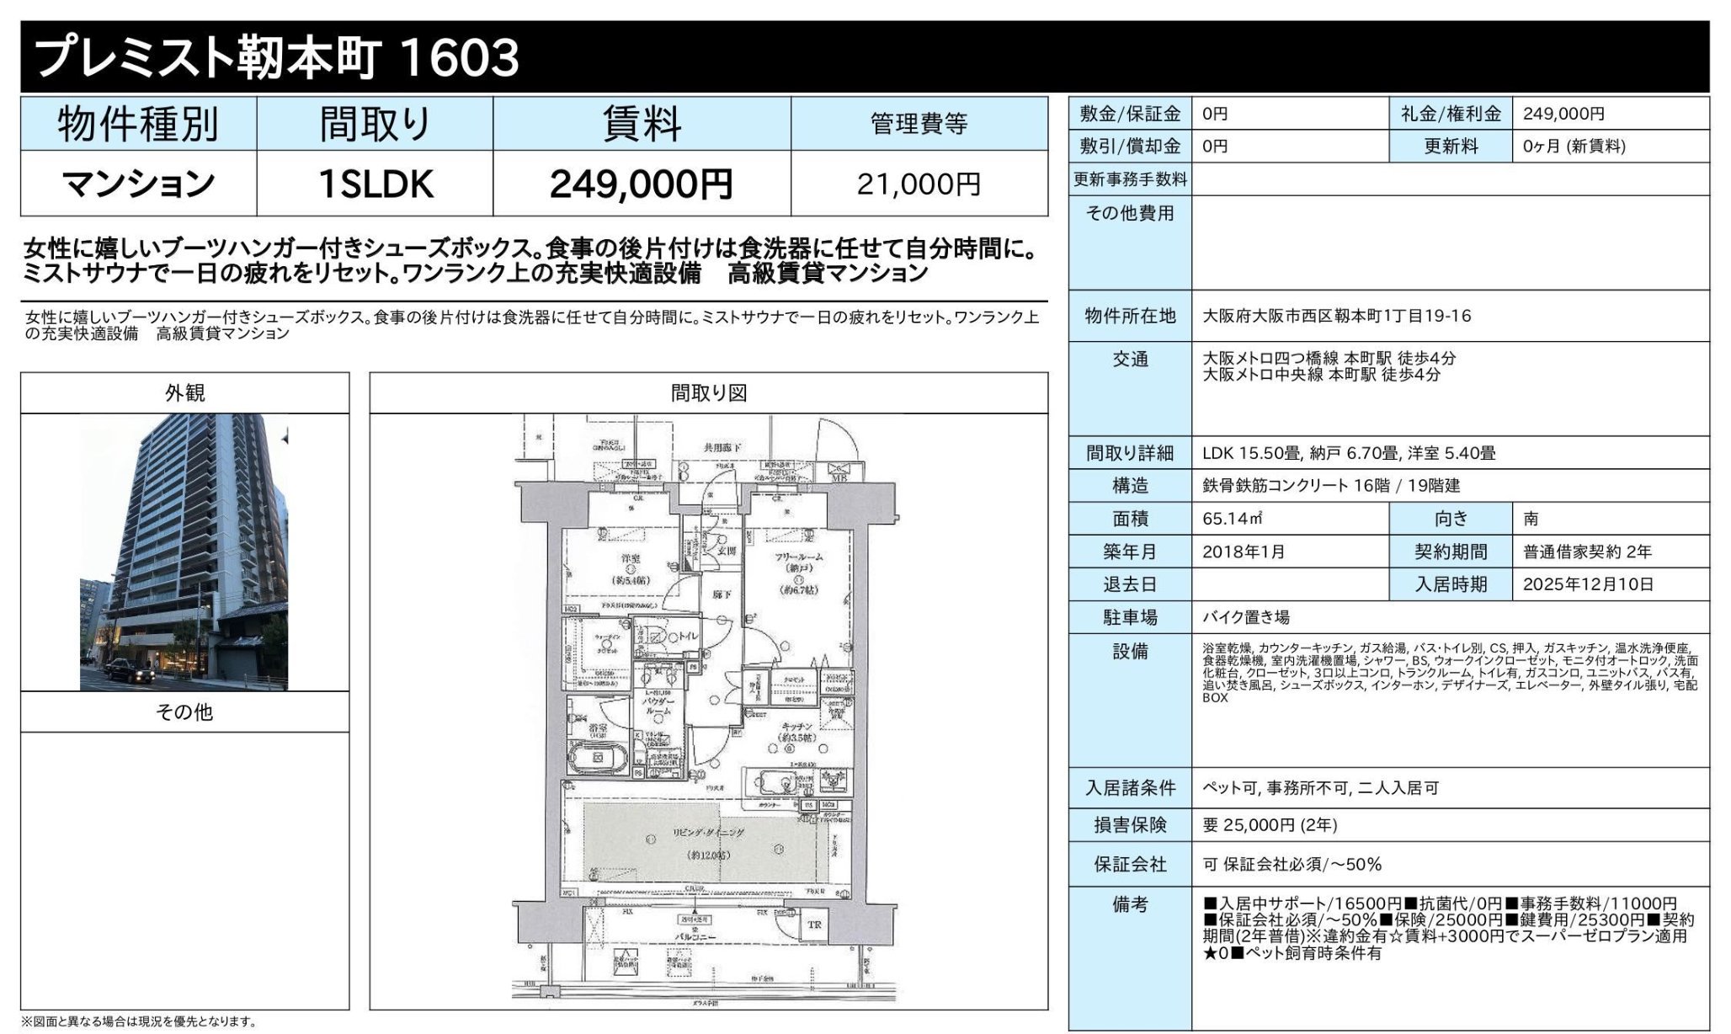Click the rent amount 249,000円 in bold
point(641,184)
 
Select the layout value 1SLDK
point(375,184)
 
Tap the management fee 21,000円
point(919,184)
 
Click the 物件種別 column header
point(138,125)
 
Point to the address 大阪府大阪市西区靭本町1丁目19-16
point(1336,316)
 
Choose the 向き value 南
point(1531,519)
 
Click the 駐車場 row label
point(1130,617)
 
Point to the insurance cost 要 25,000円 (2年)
point(1270,825)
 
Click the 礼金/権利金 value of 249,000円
point(1563,114)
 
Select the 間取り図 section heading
point(708,393)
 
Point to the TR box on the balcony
point(814,925)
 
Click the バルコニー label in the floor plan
point(695,936)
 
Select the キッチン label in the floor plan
point(796,726)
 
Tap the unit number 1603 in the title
point(459,57)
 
